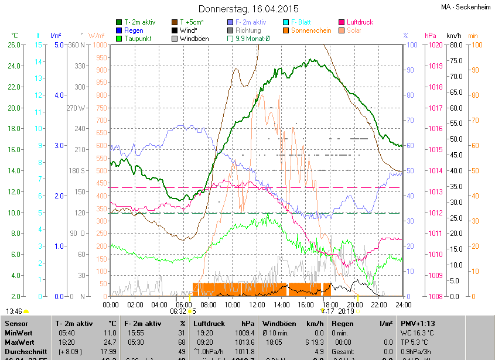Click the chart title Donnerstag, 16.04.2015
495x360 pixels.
[x=248, y=9]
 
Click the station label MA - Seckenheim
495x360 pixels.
[x=466, y=6]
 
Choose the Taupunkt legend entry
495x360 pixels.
[x=138, y=39]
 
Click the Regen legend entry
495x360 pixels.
[x=134, y=30]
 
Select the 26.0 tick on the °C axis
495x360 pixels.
[x=14, y=45]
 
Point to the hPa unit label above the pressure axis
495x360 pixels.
[x=431, y=36]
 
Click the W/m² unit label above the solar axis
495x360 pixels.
[x=97, y=36]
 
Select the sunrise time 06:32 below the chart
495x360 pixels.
[x=178, y=311]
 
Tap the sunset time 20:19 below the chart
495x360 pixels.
[x=346, y=311]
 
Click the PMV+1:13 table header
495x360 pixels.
[x=417, y=323]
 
